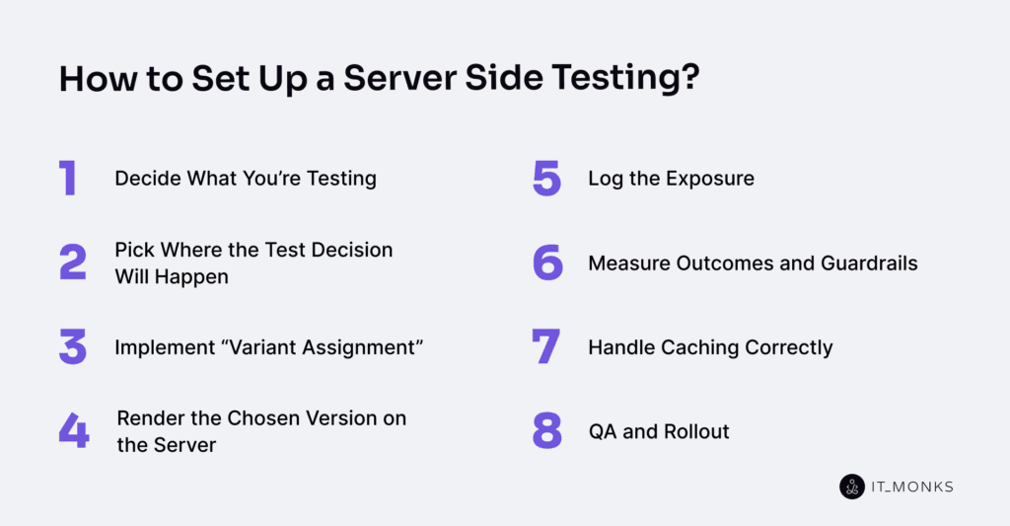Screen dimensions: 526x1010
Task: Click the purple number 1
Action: pyautogui.click(x=67, y=179)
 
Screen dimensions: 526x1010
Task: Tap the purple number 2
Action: pyautogui.click(x=73, y=263)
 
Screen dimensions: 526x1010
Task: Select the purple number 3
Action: pyautogui.click(x=73, y=347)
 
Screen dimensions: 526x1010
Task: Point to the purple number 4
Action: pyautogui.click(x=74, y=431)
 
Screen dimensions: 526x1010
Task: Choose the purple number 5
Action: pyautogui.click(x=546, y=179)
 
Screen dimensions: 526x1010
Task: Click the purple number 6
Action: pyautogui.click(x=547, y=263)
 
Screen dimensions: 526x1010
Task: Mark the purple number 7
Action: pyautogui.click(x=546, y=347)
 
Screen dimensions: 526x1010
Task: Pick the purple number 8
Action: pyautogui.click(x=547, y=431)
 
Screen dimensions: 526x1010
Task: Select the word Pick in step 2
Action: pyautogui.click(x=132, y=250)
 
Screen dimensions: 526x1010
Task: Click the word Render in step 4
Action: pyautogui.click(x=148, y=418)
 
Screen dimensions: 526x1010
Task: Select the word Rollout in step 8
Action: pyautogui.click(x=696, y=431)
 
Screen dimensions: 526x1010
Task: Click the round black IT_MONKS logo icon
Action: pyautogui.click(x=851, y=487)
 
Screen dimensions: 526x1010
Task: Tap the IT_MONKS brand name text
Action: pyautogui.click(x=911, y=487)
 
